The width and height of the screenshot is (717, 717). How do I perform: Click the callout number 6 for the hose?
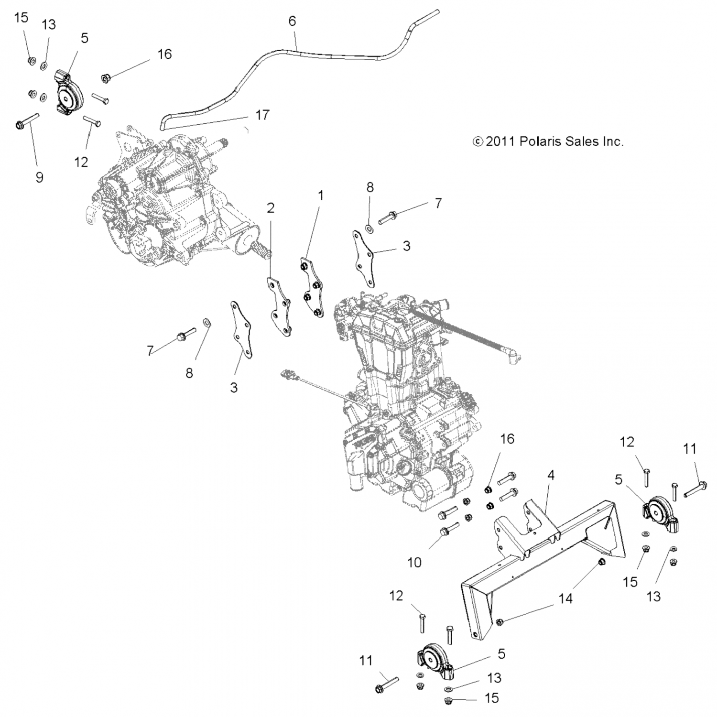292,21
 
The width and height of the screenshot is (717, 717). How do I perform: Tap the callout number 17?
262,115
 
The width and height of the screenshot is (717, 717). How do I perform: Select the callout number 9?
40,177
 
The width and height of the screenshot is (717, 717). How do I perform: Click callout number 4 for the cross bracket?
551,475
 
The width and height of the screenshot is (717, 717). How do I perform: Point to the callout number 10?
414,563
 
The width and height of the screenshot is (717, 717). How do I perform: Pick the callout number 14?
565,598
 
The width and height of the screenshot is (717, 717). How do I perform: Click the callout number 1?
321,195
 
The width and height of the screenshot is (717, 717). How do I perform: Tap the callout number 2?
271,208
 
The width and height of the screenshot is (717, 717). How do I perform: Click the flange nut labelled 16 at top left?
106,77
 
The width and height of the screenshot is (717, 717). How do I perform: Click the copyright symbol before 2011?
477,141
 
